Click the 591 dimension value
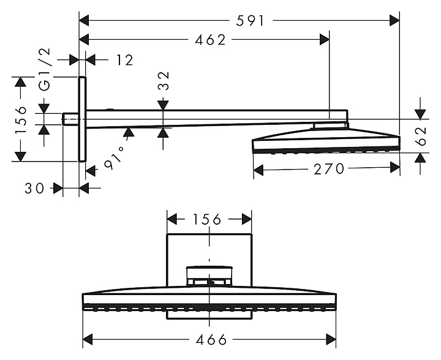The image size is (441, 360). tap(250, 21)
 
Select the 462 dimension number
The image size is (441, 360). tap(210, 40)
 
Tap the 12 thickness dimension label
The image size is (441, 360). tap(124, 60)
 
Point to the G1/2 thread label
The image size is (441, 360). tap(45, 69)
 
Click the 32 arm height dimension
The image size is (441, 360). tap(164, 81)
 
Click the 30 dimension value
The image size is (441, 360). tap(34, 189)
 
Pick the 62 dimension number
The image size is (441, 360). tap(420, 137)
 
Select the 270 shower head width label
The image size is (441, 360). tap(329, 168)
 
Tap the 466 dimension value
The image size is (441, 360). tap(211, 339)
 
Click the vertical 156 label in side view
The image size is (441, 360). tap(21, 120)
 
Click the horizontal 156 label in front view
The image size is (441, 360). tap(208, 219)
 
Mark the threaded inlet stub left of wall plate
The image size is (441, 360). tap(70, 119)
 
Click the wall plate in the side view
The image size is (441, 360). tap(83, 119)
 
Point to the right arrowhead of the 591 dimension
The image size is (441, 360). tap(394, 21)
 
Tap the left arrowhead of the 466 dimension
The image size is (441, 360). tap(88, 339)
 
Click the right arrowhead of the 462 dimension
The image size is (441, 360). tap(324, 40)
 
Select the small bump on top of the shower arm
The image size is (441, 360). tap(110, 110)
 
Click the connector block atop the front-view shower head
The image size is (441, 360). tap(209, 276)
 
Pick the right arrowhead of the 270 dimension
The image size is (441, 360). tap(394, 168)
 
